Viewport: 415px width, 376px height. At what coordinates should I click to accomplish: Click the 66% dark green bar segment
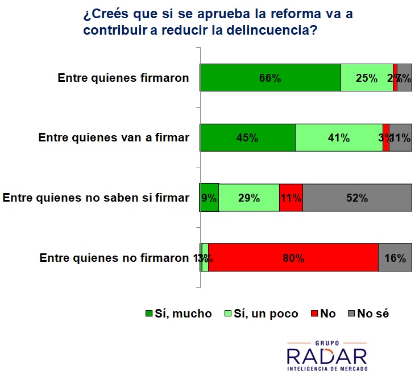coord(270,78)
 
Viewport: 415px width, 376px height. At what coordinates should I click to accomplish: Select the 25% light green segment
coord(367,78)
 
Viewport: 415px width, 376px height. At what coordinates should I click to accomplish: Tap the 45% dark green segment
coord(247,137)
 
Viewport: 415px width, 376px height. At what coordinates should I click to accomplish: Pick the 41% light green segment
coord(339,137)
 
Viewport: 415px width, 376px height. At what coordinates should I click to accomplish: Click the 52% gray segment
coord(357,198)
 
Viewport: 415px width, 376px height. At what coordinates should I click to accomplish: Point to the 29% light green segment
coord(249,198)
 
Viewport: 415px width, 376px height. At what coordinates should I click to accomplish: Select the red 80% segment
coord(293,258)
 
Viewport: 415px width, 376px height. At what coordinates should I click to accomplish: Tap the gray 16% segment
coord(395,258)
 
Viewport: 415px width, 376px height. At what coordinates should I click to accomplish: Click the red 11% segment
coord(290,198)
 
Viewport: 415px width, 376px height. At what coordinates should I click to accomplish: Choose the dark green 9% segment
coord(209,198)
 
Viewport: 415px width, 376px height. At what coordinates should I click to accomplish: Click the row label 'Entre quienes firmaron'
coord(123,78)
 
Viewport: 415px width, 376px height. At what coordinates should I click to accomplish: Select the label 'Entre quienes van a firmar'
coord(113,137)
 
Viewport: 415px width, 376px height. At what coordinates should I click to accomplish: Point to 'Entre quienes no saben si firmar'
coord(96,198)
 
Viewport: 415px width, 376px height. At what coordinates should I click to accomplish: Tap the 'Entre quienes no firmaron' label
coord(114,258)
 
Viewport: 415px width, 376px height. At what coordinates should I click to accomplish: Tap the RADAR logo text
coord(326,357)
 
